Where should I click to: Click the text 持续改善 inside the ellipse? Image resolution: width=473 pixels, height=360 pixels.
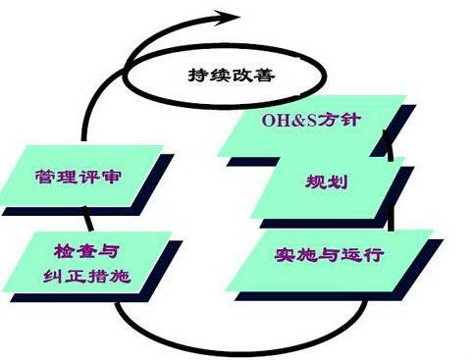coord(232,75)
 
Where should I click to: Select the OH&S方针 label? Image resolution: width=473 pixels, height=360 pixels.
coord(311,120)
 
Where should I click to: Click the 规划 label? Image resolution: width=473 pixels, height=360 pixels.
coord(327,181)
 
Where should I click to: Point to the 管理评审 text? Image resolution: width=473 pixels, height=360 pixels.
coord(78,177)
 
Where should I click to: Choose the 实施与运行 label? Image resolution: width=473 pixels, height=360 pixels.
coord(329,254)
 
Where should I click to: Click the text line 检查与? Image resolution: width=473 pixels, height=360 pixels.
coord(85,251)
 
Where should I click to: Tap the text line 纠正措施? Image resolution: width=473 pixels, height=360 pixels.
coord(87,277)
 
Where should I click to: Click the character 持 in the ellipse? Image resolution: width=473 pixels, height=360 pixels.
coord(198,75)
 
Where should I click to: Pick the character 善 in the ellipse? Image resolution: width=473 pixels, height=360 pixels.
coord(264,75)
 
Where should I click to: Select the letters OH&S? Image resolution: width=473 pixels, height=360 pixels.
coord(289,121)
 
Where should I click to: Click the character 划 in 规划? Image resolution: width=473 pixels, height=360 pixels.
coord(338,181)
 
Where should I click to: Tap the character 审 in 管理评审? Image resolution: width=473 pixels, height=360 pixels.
coord(111,177)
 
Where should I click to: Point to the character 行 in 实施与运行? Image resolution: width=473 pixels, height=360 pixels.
coord(373,254)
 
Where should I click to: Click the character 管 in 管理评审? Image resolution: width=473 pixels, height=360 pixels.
coord(45,177)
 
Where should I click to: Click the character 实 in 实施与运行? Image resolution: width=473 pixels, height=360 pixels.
coord(285,254)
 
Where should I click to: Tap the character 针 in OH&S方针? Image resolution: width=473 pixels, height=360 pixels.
coord(350,120)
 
